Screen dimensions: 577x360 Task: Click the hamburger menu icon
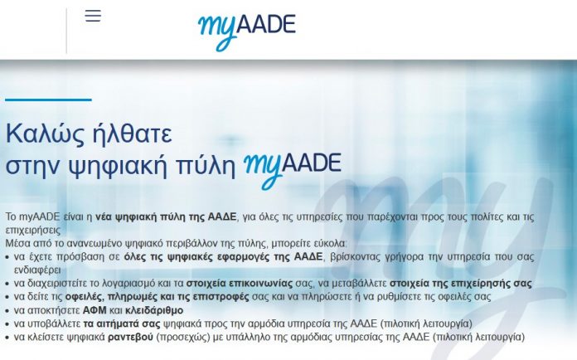[x=93, y=16]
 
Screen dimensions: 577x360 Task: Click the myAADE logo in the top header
[x=247, y=32]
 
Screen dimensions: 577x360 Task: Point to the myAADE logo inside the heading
[x=293, y=170]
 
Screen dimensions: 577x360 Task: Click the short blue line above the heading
[x=48, y=100]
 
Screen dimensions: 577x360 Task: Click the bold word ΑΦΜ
[x=95, y=310]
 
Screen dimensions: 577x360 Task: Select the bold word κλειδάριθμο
[x=154, y=310]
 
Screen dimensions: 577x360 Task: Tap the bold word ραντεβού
[x=130, y=337]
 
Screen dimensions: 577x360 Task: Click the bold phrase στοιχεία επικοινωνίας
[x=240, y=284]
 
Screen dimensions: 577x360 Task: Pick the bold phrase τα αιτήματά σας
[x=122, y=324]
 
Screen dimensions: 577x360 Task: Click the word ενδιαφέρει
[x=37, y=270]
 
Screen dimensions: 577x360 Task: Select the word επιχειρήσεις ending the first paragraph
[x=33, y=230]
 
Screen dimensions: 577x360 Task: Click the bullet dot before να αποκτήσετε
[x=7, y=311]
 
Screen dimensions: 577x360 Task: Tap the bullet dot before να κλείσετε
[x=7, y=338]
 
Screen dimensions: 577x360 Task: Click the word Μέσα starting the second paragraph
[x=17, y=243]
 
